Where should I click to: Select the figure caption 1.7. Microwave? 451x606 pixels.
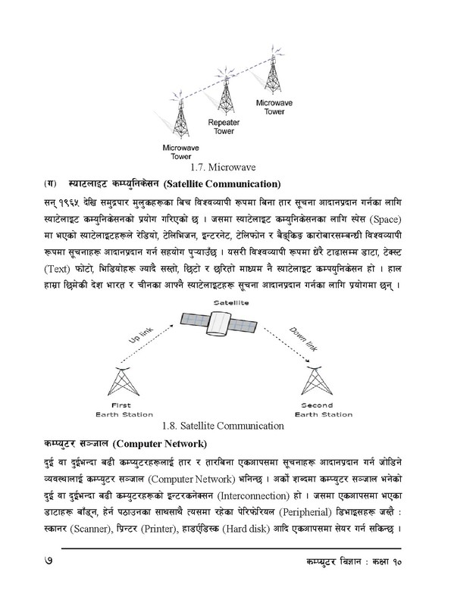click(x=225, y=166)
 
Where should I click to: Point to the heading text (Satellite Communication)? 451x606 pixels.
click(x=221, y=183)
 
